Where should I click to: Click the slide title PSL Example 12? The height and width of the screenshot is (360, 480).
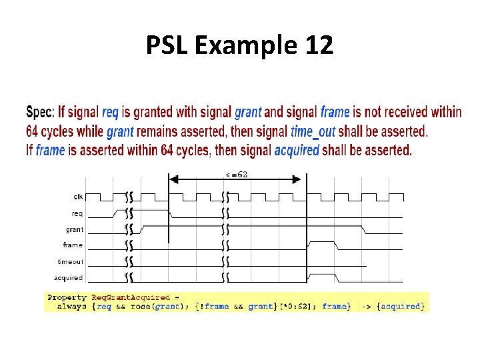(239, 46)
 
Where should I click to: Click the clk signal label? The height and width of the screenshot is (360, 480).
(78, 197)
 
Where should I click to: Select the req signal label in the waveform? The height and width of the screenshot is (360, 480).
(77, 213)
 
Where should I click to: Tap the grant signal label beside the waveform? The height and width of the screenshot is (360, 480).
(75, 229)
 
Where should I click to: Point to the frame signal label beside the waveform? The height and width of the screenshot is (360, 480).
(73, 245)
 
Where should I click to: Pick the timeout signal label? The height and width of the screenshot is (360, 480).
(71, 262)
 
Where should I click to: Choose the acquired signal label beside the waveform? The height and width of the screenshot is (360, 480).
(69, 277)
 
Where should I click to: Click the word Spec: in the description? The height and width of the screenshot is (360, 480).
(40, 112)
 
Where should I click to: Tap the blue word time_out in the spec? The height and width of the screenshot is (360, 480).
(313, 131)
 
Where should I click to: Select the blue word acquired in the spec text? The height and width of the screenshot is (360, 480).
(297, 150)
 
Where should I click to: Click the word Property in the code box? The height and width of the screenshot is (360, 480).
(67, 297)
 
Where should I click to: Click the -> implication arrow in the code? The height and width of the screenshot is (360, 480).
(367, 306)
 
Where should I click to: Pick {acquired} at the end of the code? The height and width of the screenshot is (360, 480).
(400, 306)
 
